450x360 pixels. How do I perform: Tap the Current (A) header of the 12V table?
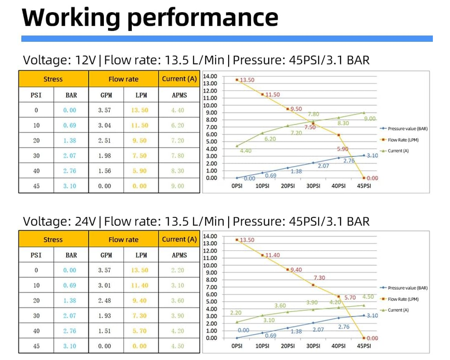179,79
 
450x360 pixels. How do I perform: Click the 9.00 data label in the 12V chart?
370,118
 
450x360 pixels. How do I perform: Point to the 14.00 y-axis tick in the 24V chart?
210,236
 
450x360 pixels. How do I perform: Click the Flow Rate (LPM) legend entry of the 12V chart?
403,140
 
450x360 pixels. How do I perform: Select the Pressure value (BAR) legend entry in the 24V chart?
407,288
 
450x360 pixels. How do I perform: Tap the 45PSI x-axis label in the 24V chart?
364,346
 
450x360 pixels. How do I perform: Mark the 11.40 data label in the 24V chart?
272,255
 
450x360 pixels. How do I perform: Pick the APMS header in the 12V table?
179,95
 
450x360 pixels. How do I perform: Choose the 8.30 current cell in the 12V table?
178,171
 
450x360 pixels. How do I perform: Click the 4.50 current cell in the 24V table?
178,346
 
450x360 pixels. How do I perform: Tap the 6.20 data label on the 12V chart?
270,139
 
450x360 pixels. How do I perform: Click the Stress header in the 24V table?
53,239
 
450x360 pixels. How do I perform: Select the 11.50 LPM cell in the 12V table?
139,126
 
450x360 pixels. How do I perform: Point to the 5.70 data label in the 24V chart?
350,297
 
